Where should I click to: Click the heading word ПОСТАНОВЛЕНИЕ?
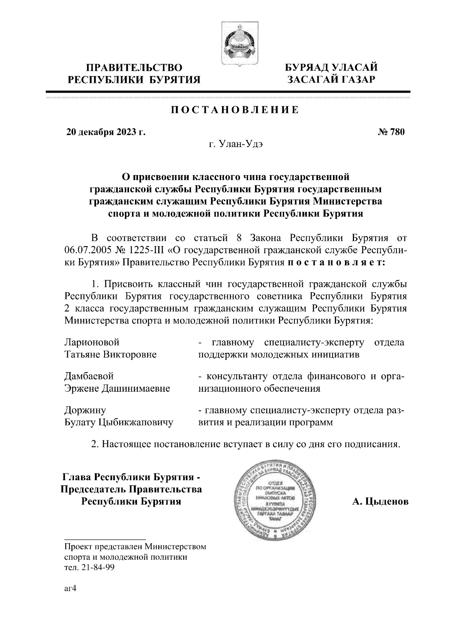point(235,110)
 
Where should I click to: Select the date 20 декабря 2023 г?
point(105,132)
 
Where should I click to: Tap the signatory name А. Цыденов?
point(380,502)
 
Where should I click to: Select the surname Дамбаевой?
point(89,376)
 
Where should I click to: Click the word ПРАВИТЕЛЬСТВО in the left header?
point(135,68)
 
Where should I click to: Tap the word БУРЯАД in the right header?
point(304,68)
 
